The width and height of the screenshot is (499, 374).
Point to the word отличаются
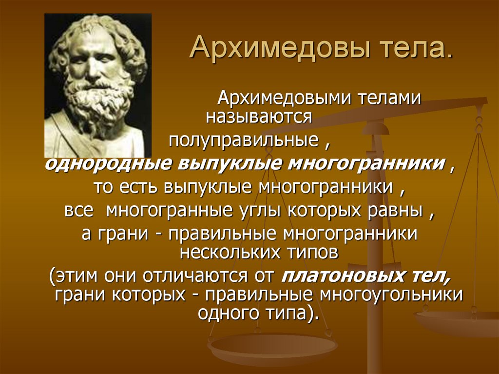pyautogui.click(x=199, y=276)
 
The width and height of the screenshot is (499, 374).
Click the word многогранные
pyautogui.click(x=169, y=211)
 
